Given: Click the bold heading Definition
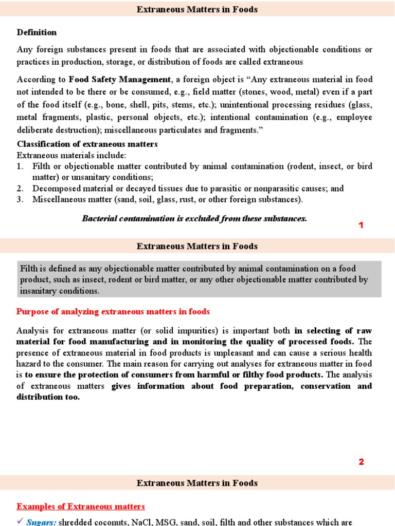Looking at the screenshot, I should pos(37,32).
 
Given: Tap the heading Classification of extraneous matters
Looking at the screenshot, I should pos(87,144).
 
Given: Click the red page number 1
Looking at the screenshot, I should pos(361,225).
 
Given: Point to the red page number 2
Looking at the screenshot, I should pos(361,462).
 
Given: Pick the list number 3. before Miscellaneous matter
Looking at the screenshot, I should pos(21,199).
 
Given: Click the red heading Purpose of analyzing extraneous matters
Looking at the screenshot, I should pos(113,312).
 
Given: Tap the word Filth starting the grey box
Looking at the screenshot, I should pos(29,269).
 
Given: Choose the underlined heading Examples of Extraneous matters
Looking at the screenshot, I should pos(81,506).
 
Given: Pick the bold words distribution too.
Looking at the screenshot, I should pos(48,397).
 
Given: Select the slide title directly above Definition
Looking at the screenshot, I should pos(197,9).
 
